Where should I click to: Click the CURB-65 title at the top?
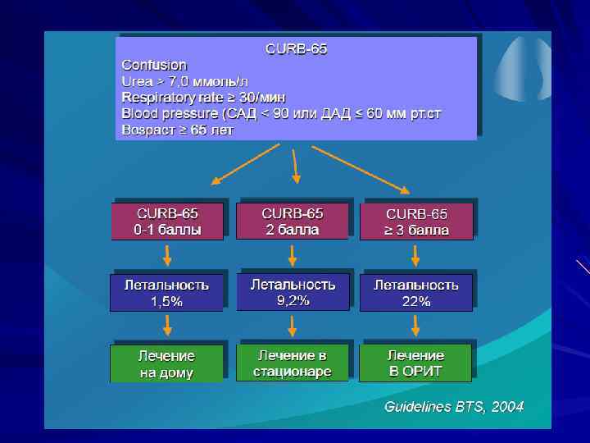click(x=296, y=49)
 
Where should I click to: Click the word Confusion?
click(x=154, y=65)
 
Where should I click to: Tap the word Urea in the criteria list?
click(x=135, y=81)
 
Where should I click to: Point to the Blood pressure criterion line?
click(x=281, y=113)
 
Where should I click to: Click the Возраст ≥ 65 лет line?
click(x=177, y=130)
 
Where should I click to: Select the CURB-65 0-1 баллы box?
click(x=167, y=221)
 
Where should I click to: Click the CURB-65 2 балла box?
click(x=293, y=221)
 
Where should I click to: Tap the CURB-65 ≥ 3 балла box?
click(x=416, y=221)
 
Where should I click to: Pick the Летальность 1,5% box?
click(x=166, y=293)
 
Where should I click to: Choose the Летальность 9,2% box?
click(x=293, y=292)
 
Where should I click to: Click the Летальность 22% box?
click(x=416, y=293)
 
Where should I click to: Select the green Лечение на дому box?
click(x=166, y=363)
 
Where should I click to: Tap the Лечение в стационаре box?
click(x=293, y=363)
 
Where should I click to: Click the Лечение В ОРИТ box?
click(x=415, y=363)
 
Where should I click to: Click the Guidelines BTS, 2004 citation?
click(x=454, y=407)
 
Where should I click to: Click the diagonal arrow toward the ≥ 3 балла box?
click(x=361, y=167)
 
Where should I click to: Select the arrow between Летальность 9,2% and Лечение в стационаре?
click(x=293, y=327)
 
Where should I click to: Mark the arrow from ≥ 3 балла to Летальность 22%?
click(x=415, y=256)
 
